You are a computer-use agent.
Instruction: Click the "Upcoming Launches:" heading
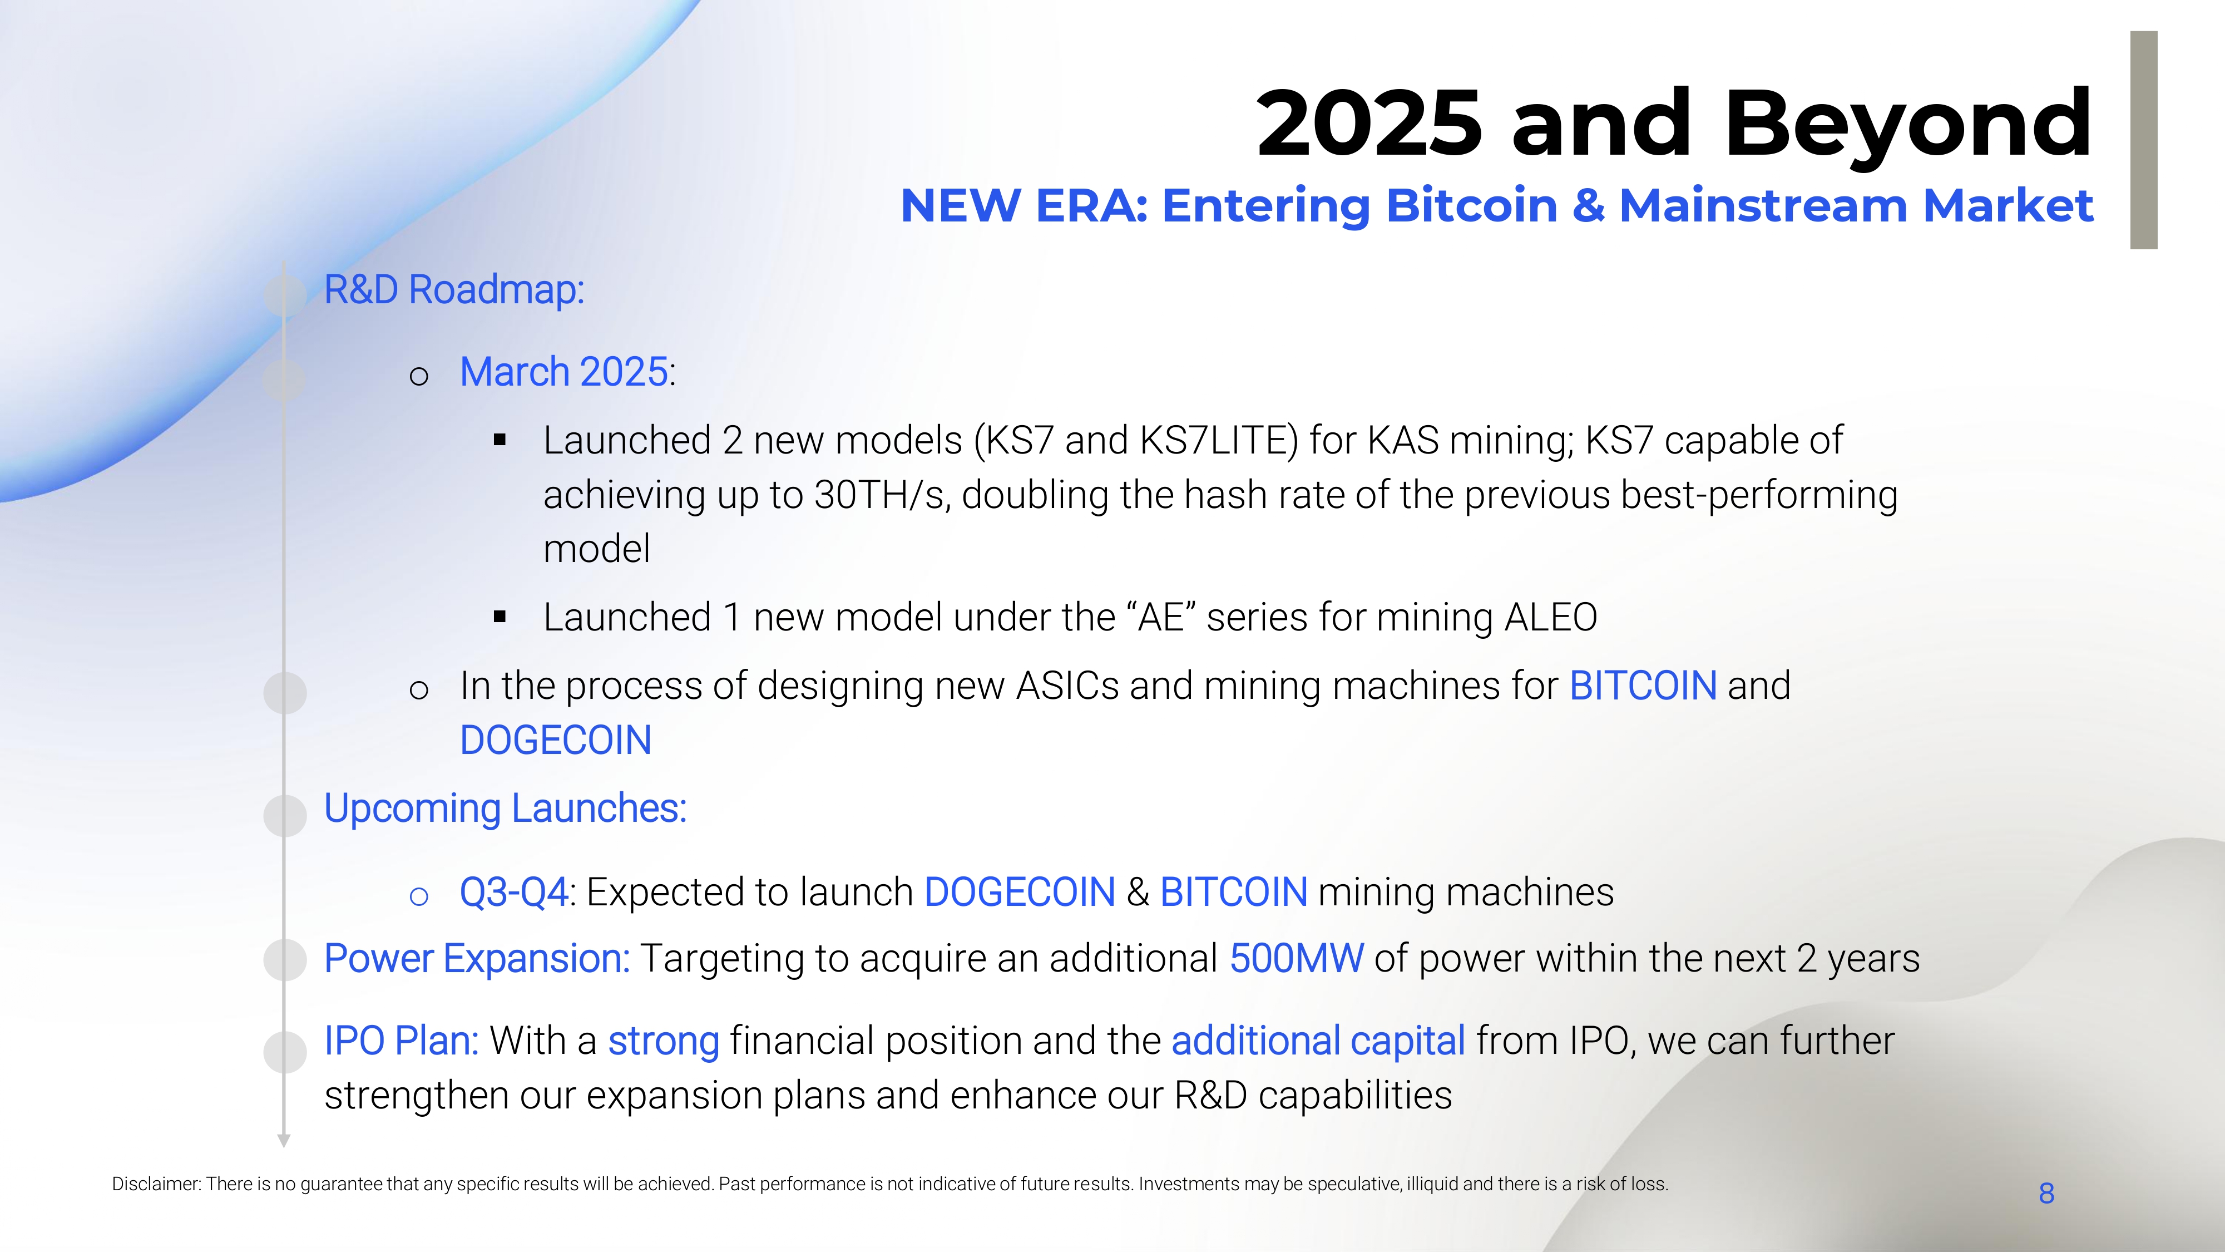click(x=505, y=809)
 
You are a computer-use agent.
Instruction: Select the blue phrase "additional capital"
click(x=1318, y=1041)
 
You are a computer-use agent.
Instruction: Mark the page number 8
click(x=2046, y=1193)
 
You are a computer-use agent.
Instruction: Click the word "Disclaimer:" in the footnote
click(x=156, y=1184)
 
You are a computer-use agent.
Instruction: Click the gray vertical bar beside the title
click(x=2144, y=140)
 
